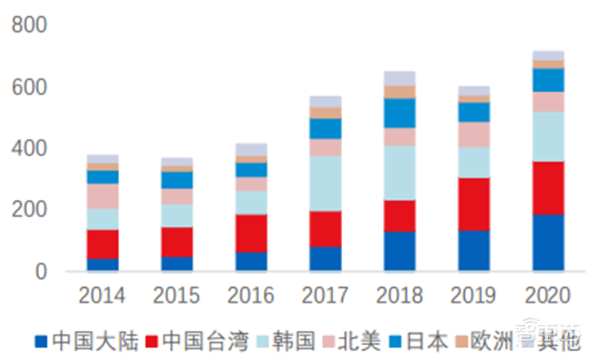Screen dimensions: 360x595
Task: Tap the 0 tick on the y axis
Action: (x=40, y=271)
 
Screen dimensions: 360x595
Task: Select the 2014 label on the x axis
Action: (x=102, y=295)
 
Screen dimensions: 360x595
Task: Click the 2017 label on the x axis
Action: (x=325, y=295)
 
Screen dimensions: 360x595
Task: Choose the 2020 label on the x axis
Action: (x=547, y=295)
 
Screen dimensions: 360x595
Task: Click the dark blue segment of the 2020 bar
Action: (x=547, y=242)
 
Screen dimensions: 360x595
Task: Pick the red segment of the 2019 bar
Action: (x=474, y=204)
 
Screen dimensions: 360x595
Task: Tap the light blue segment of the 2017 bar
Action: (x=325, y=183)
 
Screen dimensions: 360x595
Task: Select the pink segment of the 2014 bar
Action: (x=102, y=196)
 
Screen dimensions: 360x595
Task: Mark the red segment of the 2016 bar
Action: (x=251, y=233)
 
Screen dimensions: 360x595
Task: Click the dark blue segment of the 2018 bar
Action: (x=399, y=251)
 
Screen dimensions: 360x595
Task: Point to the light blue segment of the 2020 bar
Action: (x=547, y=136)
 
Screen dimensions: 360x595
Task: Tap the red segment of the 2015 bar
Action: (x=176, y=242)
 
